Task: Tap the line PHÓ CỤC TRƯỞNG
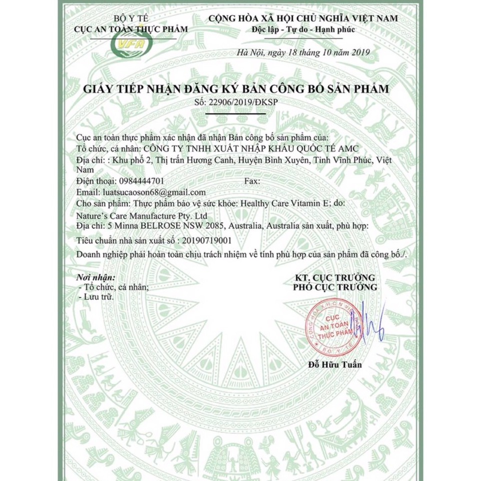335,287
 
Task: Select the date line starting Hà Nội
303,52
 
